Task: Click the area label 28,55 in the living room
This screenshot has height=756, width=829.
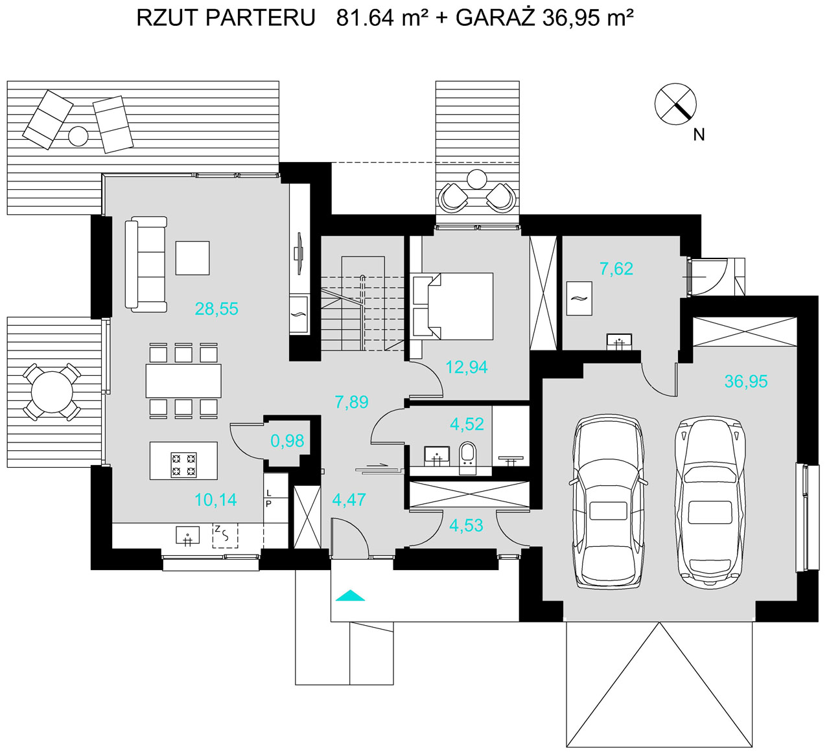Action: pyautogui.click(x=216, y=309)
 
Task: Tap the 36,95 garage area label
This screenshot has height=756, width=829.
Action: pyautogui.click(x=746, y=382)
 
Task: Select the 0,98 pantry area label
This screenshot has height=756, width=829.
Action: pyautogui.click(x=287, y=441)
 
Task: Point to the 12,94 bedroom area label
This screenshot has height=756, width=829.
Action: pyautogui.click(x=467, y=367)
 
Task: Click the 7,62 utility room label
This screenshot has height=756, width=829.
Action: pyautogui.click(x=616, y=269)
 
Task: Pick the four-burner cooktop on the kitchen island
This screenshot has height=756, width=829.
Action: pyautogui.click(x=183, y=464)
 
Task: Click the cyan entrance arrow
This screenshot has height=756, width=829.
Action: pyautogui.click(x=350, y=595)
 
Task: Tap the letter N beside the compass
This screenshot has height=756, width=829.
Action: pyautogui.click(x=699, y=135)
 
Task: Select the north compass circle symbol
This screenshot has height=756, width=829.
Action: pyautogui.click(x=675, y=104)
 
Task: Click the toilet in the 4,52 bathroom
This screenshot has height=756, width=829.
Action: pyautogui.click(x=467, y=457)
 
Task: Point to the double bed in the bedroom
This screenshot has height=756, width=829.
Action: pyautogui.click(x=453, y=306)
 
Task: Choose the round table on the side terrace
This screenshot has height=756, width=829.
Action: pyautogui.click(x=52, y=392)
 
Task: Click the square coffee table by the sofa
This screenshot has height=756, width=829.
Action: pyautogui.click(x=193, y=258)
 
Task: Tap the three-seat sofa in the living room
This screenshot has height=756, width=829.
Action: pyautogui.click(x=146, y=264)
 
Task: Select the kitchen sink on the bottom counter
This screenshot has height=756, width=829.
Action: pyautogui.click(x=187, y=535)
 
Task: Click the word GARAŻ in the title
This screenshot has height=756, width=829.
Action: pyautogui.click(x=495, y=18)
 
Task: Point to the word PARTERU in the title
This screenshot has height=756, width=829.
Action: pyautogui.click(x=261, y=19)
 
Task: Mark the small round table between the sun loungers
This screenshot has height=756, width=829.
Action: pyautogui.click(x=78, y=136)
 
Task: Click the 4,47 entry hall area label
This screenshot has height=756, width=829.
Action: pyautogui.click(x=349, y=500)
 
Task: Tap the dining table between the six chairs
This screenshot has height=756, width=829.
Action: pyautogui.click(x=183, y=380)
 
